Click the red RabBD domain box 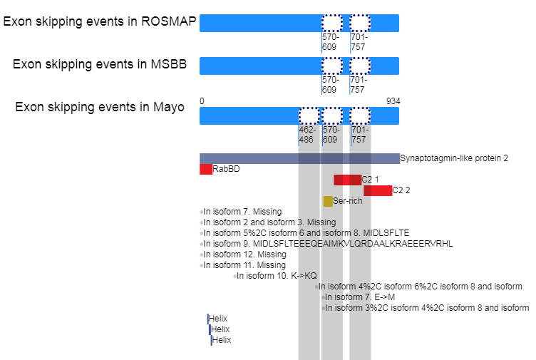206,169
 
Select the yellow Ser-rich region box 328,201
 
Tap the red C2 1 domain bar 347,180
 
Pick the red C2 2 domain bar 378,190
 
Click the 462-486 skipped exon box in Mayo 309,116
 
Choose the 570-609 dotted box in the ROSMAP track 332,24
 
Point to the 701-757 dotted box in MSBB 360,66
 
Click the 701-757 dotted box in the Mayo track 360,116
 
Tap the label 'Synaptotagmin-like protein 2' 454,158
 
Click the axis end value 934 393,101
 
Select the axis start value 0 202,101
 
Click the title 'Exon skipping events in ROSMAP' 100,21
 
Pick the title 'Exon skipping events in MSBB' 100,64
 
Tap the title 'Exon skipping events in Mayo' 100,107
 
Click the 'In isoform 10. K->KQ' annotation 277,276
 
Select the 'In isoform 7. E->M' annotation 360,297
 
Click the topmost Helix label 218,319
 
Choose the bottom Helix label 222,340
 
